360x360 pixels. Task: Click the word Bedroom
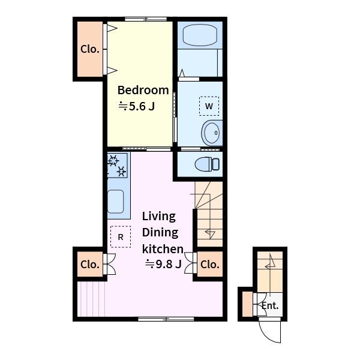143,90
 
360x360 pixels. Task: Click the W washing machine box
209,106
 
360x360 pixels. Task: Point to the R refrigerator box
121,237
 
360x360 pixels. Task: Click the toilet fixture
207,164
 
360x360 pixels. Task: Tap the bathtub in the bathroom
200,35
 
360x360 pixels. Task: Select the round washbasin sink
211,133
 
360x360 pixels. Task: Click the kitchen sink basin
115,202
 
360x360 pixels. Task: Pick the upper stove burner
113,160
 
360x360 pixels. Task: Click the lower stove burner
121,171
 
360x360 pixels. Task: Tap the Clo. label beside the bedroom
90,49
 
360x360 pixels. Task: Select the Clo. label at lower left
90,265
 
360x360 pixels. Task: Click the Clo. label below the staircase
210,265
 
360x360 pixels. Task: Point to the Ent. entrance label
270,305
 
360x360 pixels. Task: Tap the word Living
159,217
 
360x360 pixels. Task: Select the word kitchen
163,249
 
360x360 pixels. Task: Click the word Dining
160,233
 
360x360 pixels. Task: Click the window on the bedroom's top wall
146,19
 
